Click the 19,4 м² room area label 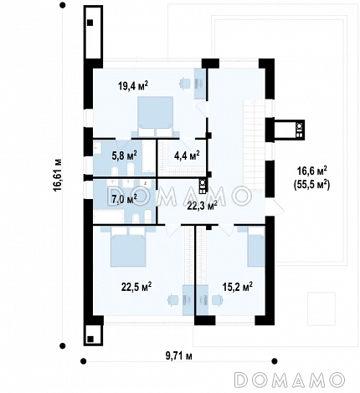coord(133,86)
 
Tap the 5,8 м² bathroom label coord(124,155)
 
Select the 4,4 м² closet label coord(187,155)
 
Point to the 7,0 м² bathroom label coord(124,199)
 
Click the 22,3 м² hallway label coord(203,207)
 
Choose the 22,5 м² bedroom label coord(136,287)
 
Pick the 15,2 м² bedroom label coord(238,287)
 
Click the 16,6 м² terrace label coord(312,171)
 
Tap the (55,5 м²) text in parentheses coord(312,185)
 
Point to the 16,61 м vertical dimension coord(58,175)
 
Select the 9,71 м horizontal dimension coord(179,356)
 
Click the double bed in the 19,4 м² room coord(155,117)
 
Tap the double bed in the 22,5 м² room coord(128,247)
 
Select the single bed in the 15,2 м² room coord(256,247)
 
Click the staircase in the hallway coord(254,145)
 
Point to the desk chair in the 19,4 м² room coord(184,83)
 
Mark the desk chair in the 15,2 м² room coord(217,300)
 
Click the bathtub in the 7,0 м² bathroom coord(108,217)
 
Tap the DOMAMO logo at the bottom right coord(290,380)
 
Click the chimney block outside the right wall coord(290,130)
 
